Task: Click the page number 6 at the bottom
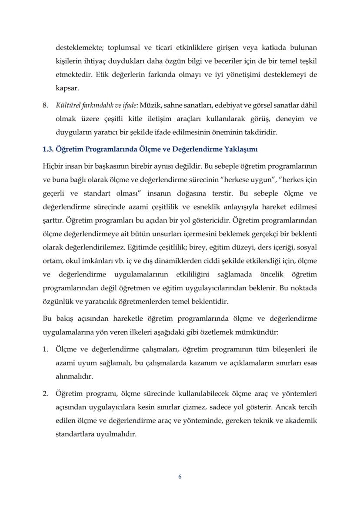[180, 476]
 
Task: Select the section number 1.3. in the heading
[48, 150]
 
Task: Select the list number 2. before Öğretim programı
[45, 394]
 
